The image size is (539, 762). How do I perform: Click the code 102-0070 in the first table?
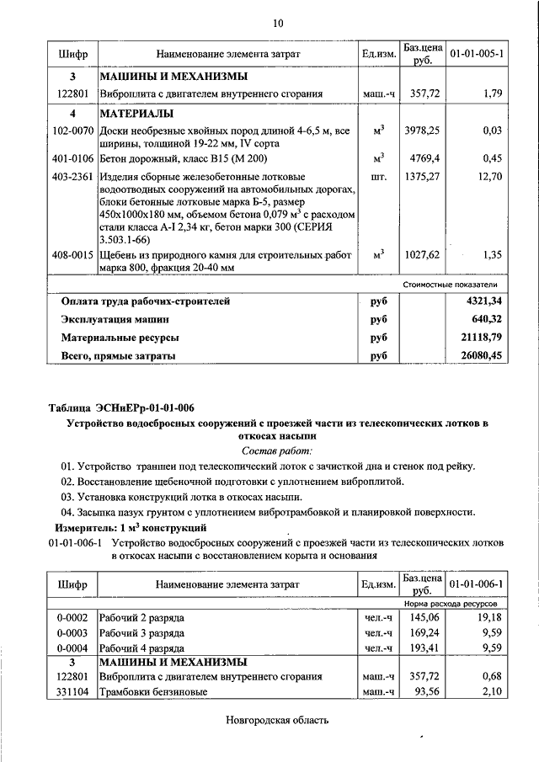point(72,131)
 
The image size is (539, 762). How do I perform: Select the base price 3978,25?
point(424,131)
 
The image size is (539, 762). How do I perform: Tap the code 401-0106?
point(72,156)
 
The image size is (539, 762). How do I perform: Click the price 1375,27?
point(424,177)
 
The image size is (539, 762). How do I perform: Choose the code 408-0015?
point(72,253)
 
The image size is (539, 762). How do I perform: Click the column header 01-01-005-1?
point(477,54)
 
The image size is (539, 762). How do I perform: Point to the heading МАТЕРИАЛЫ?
point(136,112)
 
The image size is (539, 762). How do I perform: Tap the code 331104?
point(72,691)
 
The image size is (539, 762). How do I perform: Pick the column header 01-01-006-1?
point(477,583)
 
